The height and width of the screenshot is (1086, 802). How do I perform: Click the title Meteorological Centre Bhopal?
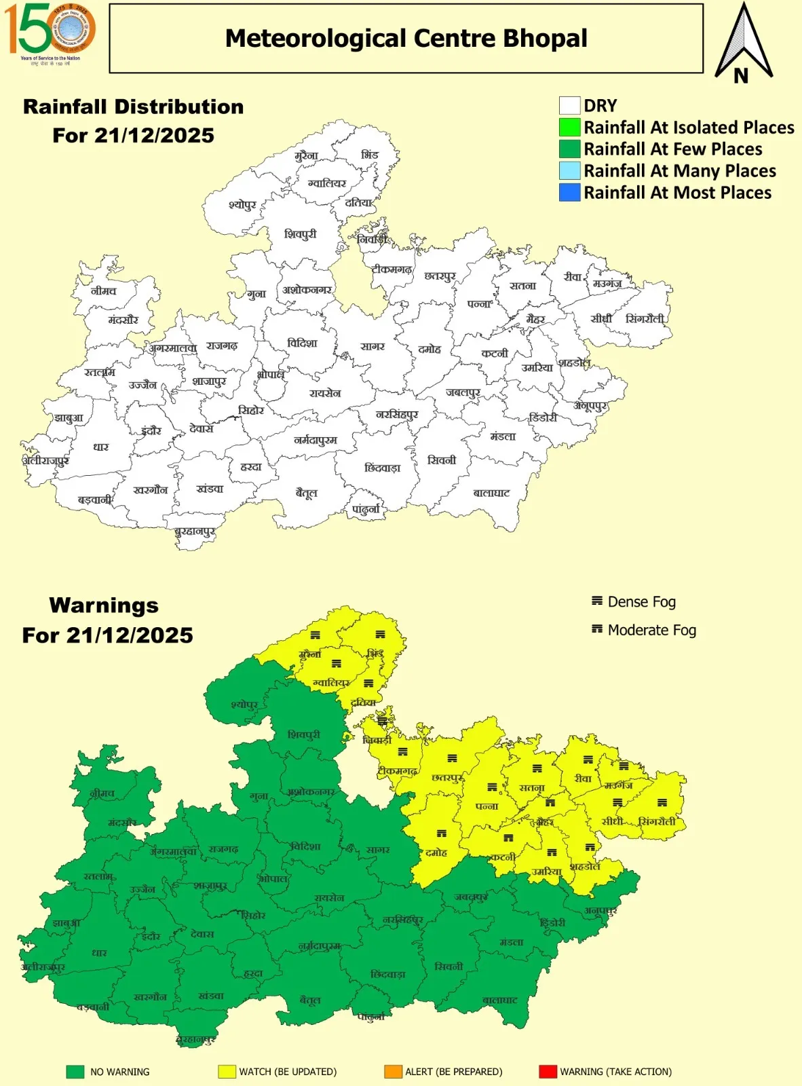pos(406,39)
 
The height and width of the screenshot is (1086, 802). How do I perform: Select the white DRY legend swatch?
pos(569,106)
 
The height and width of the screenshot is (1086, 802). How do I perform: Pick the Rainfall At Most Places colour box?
pos(569,193)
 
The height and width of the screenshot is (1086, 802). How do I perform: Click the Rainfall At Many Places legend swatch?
pos(569,171)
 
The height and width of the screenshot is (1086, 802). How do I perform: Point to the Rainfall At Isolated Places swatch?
pos(569,128)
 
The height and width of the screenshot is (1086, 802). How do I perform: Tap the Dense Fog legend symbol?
pos(597,601)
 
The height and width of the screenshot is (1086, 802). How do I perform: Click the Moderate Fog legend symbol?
pos(597,629)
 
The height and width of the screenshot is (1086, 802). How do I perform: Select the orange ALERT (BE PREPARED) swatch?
pos(393,1072)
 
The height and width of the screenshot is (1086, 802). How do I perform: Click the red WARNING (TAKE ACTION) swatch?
pos(548,1072)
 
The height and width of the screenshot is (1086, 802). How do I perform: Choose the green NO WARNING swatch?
pos(75,1072)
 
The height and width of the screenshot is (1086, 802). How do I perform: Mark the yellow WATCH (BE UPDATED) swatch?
pos(227,1072)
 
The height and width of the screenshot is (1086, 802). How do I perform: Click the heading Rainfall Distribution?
pos(133,107)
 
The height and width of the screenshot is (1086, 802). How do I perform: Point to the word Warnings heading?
pos(104,605)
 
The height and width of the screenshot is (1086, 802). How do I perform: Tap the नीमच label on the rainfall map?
pos(103,291)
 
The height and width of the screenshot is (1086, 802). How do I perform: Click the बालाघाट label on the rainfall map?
pos(491,493)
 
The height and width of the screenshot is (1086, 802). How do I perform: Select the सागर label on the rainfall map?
pos(373,346)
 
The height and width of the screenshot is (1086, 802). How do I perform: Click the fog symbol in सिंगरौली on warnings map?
pos(662,802)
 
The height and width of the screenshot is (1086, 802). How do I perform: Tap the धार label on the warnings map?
pos(100,953)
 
